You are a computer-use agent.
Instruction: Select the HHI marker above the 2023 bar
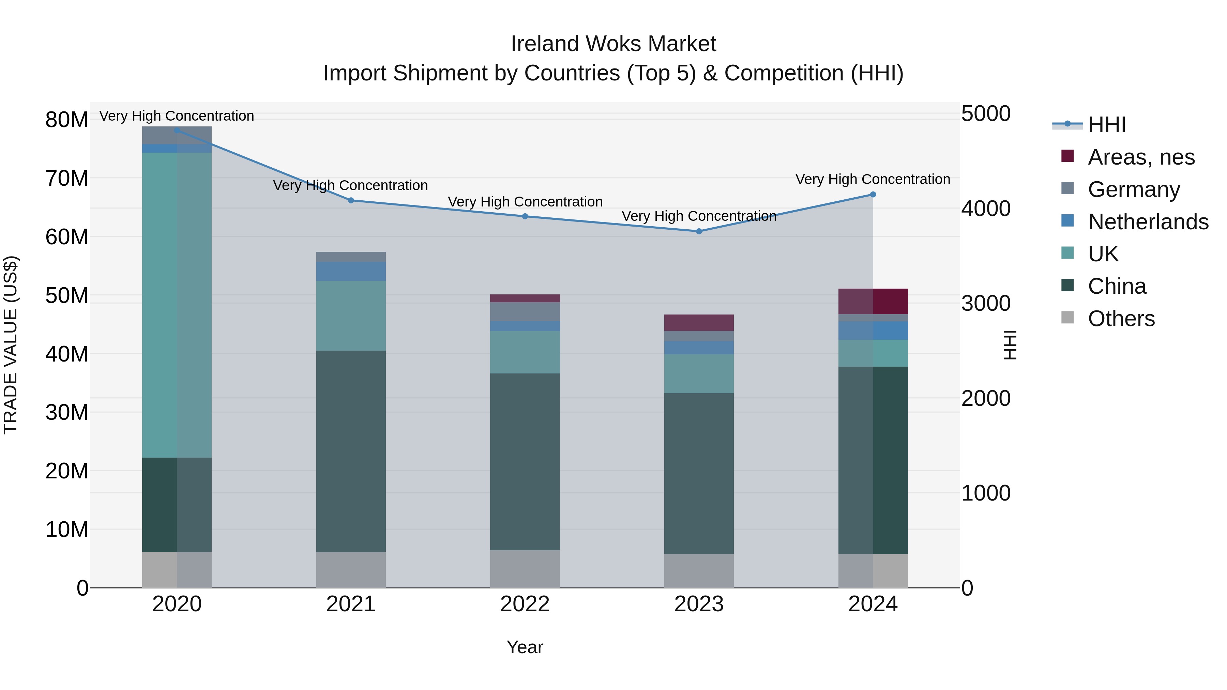coord(699,231)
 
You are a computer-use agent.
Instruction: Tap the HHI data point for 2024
coord(873,194)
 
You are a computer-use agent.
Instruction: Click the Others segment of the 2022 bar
coord(525,569)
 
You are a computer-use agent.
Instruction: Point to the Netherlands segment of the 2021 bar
coord(351,271)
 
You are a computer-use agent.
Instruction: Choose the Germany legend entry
coord(1134,189)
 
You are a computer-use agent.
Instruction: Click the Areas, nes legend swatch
coord(1067,156)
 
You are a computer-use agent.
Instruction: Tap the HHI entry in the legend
coord(1106,125)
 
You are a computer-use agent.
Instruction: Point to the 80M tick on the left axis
coord(67,120)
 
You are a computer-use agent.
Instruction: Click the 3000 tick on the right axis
coord(985,303)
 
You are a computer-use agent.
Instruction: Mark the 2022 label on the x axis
coord(525,604)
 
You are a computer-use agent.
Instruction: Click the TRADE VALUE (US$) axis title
coord(11,345)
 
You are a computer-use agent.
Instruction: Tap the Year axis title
coord(525,647)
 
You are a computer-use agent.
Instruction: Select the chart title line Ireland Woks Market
coord(613,44)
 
